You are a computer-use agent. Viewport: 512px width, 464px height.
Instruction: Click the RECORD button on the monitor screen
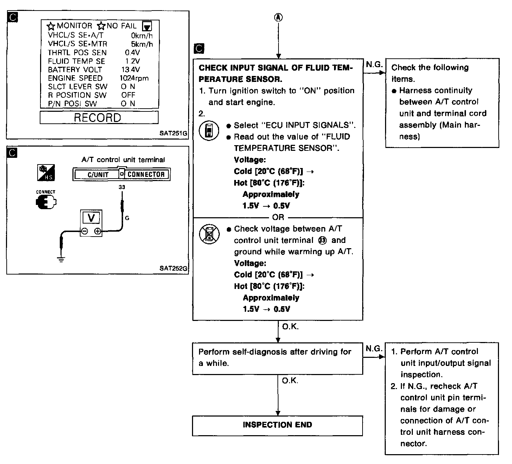(99, 117)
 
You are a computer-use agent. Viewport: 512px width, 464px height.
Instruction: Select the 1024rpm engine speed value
(134, 78)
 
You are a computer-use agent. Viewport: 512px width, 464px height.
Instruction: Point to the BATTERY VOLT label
(75, 70)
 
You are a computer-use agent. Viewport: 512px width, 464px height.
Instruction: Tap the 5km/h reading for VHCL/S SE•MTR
(142, 44)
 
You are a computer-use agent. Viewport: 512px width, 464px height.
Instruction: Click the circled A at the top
(278, 18)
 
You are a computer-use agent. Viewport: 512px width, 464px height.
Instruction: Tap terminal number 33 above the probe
(122, 187)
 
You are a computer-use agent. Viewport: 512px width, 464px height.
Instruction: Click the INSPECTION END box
(277, 425)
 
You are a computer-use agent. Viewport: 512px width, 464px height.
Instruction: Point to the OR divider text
(278, 217)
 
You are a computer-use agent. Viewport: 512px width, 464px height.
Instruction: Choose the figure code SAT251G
(173, 134)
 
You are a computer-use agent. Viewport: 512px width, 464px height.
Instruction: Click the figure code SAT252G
(173, 268)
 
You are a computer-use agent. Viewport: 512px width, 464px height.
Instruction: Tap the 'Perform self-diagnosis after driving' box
(277, 358)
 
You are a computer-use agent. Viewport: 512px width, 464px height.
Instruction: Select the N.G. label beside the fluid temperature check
(373, 64)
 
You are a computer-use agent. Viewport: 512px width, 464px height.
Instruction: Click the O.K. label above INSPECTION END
(290, 381)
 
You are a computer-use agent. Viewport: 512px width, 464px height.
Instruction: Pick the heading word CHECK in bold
(211, 68)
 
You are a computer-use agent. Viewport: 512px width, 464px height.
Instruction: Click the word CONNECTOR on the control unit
(146, 174)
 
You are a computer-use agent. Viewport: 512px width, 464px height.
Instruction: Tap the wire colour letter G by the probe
(127, 218)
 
